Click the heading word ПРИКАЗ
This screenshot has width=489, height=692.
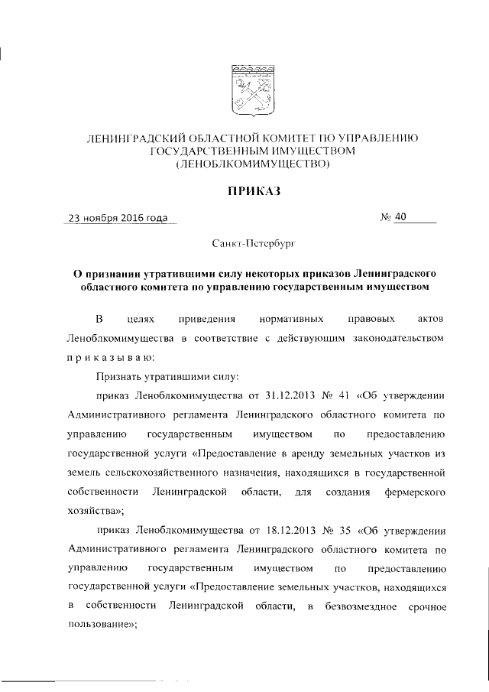[x=248, y=191]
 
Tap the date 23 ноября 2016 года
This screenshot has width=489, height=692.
[x=118, y=218]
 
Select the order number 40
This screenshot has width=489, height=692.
[x=402, y=217]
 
